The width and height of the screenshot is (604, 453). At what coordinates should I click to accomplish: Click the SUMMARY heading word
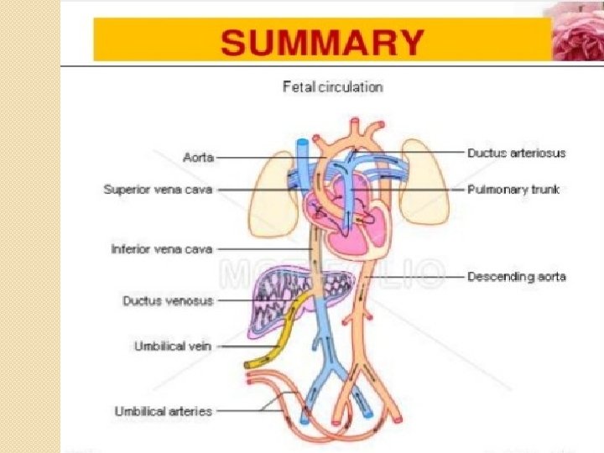[x=323, y=41]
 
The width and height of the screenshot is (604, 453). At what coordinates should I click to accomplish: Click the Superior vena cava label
[x=158, y=190]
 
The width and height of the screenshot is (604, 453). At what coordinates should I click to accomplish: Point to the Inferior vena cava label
[x=162, y=249]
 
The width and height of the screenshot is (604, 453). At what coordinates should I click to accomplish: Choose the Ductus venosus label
[x=168, y=299]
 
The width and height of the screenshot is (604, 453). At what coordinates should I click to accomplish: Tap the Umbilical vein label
[x=174, y=346]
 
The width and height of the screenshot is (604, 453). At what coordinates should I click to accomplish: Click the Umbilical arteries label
[x=163, y=411]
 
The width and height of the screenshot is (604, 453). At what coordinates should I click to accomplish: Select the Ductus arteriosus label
[x=516, y=153]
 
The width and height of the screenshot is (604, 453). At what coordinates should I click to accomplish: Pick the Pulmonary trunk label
[x=513, y=190]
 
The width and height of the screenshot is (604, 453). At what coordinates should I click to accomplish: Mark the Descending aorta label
[x=517, y=277]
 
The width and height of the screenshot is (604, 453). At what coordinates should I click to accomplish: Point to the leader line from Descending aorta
[x=419, y=277]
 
